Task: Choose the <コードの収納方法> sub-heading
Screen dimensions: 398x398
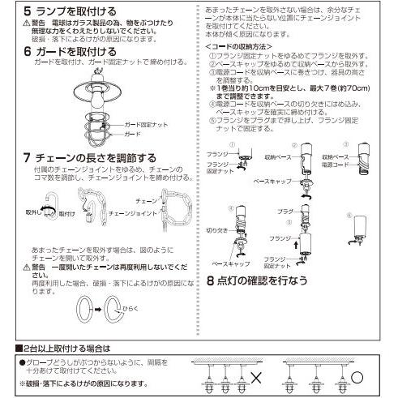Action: pos(234,47)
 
